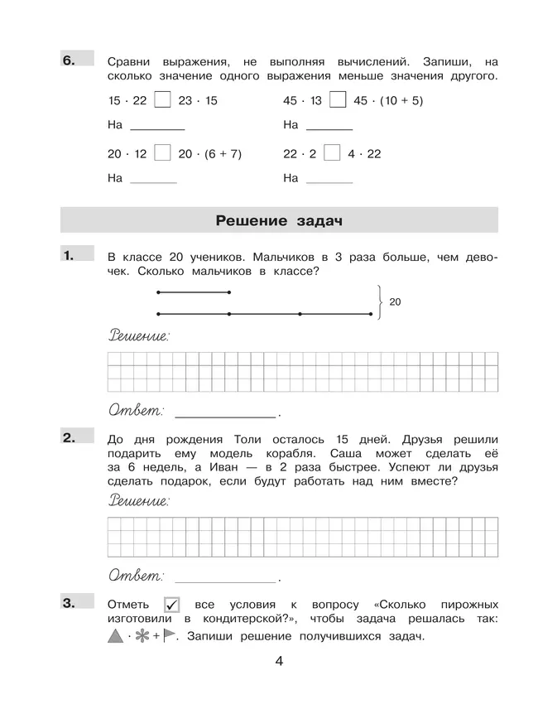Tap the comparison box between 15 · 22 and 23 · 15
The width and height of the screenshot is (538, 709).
point(163,100)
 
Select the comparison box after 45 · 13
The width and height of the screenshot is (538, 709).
point(337,100)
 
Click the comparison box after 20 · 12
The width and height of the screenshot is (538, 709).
point(163,153)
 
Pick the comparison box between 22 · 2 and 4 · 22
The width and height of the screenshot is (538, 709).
point(331,153)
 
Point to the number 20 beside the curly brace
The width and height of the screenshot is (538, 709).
point(395,302)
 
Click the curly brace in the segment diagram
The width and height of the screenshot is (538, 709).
point(379,302)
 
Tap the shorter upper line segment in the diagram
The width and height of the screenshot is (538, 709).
point(193,292)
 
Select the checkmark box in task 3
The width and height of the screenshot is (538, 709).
point(172,605)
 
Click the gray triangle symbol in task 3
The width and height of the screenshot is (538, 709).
point(115,636)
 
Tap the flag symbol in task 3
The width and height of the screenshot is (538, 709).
point(170,636)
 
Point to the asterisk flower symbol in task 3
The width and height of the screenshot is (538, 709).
point(142,636)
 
